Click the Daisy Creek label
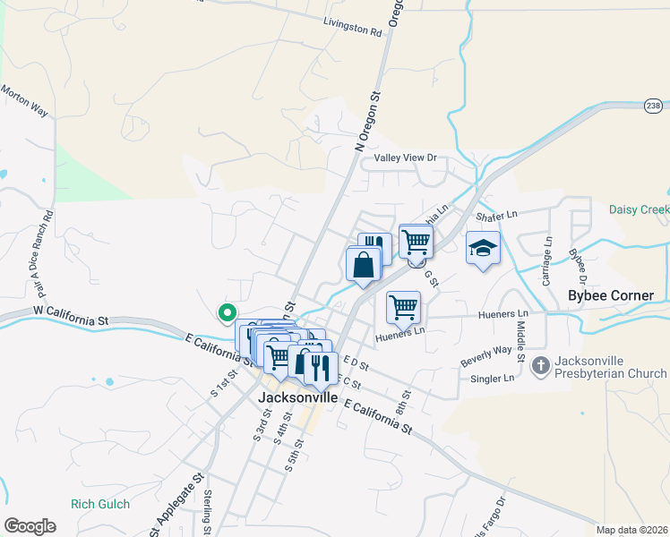pos(639,209)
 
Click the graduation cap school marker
pos(483,249)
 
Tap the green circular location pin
pos(227,312)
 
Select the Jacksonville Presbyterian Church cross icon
pos(540,365)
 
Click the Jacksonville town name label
pos(298,397)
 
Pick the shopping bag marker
pos(363,265)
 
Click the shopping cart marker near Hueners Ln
pos(404,307)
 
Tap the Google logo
pos(30,525)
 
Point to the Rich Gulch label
pos(101,505)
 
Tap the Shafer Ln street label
pos(497,216)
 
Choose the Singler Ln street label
pos(492,378)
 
